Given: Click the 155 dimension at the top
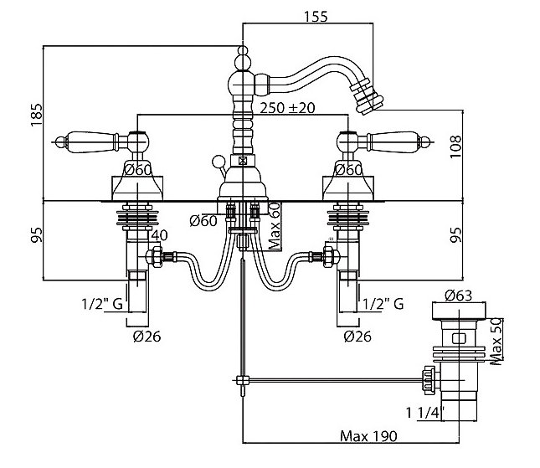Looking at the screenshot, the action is click(316, 17).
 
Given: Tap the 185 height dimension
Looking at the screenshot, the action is click(37, 115).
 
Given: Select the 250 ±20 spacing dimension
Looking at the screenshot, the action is click(287, 108).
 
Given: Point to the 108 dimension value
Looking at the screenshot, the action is click(455, 147).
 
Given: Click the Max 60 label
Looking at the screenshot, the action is click(275, 226).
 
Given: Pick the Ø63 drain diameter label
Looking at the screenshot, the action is click(458, 296).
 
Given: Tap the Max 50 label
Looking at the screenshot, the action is click(496, 342).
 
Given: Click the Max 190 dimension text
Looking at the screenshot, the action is click(368, 436).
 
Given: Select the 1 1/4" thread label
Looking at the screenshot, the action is click(425, 412).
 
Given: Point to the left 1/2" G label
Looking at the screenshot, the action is click(102, 304).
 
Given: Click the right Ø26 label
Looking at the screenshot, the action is click(357, 336).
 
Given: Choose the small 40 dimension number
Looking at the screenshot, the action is click(159, 235).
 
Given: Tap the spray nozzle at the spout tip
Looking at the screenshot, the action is click(368, 100).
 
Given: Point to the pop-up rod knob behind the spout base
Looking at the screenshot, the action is click(218, 162).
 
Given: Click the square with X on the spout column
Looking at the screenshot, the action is click(243, 160).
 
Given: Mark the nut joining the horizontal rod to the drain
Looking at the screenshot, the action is click(429, 381).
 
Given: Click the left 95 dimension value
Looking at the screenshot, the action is click(37, 235).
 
